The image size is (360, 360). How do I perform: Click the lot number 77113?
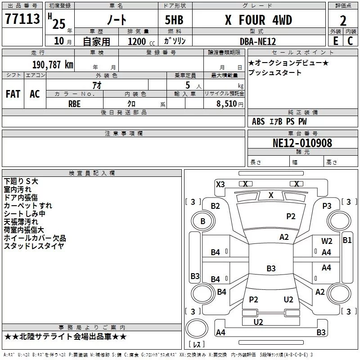pyautogui.click(x=22, y=18)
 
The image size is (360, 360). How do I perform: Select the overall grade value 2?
pyautogui.click(x=343, y=21)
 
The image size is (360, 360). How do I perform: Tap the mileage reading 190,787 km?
pyautogui.click(x=53, y=64)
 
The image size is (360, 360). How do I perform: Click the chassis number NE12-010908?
pyautogui.click(x=302, y=143)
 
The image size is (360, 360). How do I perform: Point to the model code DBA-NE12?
pyautogui.click(x=257, y=41)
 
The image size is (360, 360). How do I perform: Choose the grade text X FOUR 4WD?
pyautogui.click(x=258, y=20)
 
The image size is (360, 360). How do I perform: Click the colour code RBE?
pyautogui.click(x=74, y=104)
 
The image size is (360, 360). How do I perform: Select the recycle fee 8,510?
pyautogui.click(x=227, y=103)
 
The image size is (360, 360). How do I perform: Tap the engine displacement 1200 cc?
pyautogui.click(x=141, y=41)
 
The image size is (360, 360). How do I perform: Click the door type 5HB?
pyautogui.click(x=174, y=20)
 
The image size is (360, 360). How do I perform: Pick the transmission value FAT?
pyautogui.click(x=13, y=94)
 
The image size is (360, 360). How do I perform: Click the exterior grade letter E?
pyautogui.click(x=336, y=41)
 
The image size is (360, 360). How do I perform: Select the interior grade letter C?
pyautogui.click(x=350, y=41)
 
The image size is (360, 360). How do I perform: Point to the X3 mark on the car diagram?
pyautogui.click(x=220, y=184)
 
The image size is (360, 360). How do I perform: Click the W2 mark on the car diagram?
pyautogui.click(x=327, y=241)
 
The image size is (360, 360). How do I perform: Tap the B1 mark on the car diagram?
pyautogui.click(x=347, y=240)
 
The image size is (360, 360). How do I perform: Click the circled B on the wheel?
pyautogui.click(x=203, y=221)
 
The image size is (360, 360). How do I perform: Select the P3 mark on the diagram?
pyautogui.click(x=327, y=206)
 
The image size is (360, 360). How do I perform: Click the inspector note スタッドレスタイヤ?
pyautogui.click(x=34, y=246)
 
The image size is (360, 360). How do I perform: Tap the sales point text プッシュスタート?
pyautogui.click(x=274, y=72)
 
